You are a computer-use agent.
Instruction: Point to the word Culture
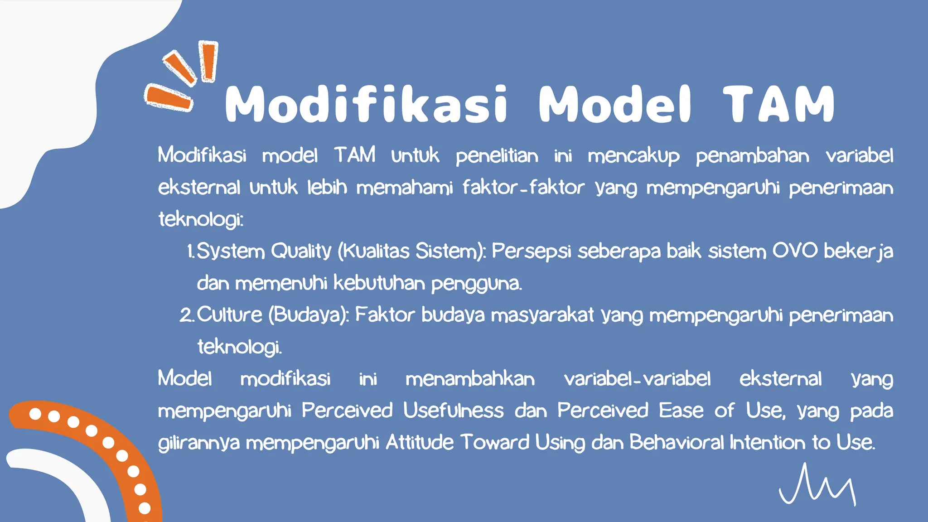click(x=229, y=315)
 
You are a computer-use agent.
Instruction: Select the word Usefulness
click(x=453, y=411)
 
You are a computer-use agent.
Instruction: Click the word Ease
click(x=681, y=411)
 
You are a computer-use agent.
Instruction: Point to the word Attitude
click(x=419, y=442)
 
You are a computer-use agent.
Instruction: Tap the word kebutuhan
click(x=379, y=283)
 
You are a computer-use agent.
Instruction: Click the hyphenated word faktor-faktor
click(x=523, y=188)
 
